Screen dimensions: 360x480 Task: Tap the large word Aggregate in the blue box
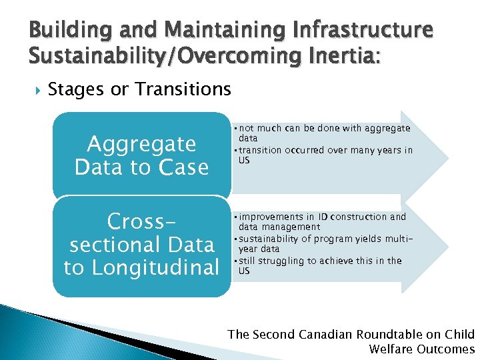tap(141, 143)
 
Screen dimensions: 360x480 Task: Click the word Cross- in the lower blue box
tap(141, 221)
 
